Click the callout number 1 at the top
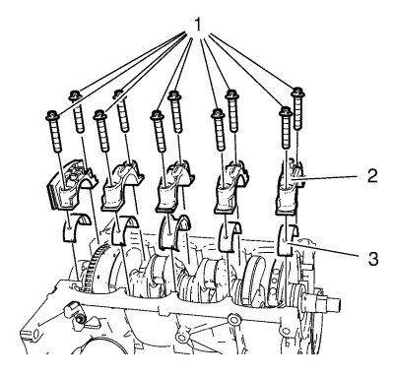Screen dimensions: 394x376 tap(197, 25)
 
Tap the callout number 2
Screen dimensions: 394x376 tap(371, 175)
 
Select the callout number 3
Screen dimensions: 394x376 tap(372, 258)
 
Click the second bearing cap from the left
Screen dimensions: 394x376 tap(121, 187)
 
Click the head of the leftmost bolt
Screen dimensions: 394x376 tap(52, 115)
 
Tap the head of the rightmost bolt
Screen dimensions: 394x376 tap(298, 92)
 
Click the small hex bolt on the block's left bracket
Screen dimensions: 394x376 tap(80, 319)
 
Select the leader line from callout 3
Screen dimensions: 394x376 tap(322, 249)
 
